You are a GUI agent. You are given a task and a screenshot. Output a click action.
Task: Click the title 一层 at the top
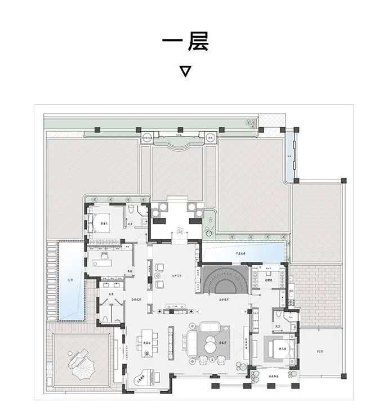[x=185, y=42]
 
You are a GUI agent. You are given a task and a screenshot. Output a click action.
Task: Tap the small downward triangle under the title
[x=185, y=71]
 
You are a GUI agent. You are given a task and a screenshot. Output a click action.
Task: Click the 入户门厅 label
[x=171, y=275]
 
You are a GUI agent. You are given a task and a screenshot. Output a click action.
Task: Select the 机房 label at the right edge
[x=320, y=351]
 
